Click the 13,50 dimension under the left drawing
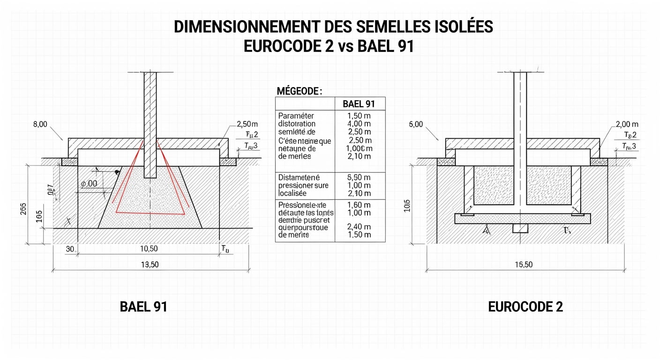[150, 265]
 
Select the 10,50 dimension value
[149, 249]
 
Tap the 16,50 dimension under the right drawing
[524, 265]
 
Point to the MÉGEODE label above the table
[300, 91]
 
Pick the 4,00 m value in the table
[360, 124]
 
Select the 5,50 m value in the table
[360, 178]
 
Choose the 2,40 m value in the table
[360, 227]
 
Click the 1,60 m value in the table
[360, 205]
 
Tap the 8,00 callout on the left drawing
[41, 125]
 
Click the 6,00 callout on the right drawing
[416, 125]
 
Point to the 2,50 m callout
[247, 124]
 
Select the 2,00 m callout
[627, 124]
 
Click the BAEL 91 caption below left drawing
[143, 307]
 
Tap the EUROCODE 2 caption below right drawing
[525, 307]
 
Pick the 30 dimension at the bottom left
[70, 249]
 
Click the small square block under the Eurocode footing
[520, 228]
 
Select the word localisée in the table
[292, 193]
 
